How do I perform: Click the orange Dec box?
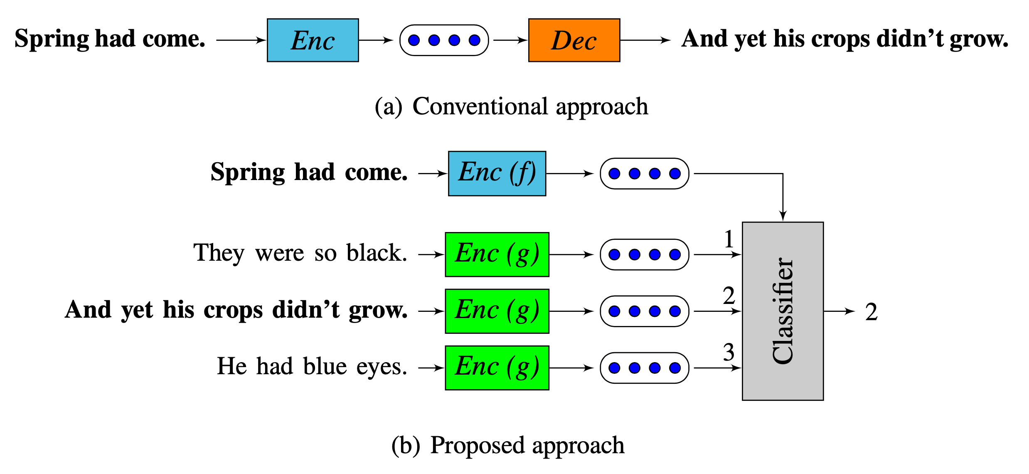(574, 40)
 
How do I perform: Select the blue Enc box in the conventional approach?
(313, 40)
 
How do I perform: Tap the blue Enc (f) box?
(497, 173)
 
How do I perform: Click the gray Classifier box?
(783, 311)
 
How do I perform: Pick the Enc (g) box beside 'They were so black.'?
(497, 254)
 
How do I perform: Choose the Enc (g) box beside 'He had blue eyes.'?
(497, 368)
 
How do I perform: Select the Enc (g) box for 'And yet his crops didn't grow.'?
(497, 311)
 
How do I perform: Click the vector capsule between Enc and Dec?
(444, 40)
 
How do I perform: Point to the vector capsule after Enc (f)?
(645, 173)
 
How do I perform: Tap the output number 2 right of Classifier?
(871, 312)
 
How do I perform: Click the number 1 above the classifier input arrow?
(729, 239)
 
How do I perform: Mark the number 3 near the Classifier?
(729, 352)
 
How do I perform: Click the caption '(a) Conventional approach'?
(511, 106)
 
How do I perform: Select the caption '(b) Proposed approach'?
(508, 445)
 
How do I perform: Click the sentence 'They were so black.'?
(300, 253)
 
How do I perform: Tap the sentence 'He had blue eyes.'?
(312, 366)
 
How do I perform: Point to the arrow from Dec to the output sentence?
(645, 40)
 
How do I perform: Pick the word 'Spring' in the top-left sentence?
(52, 39)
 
